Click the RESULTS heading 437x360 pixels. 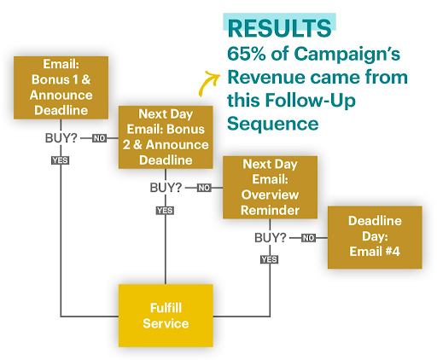pyautogui.click(x=278, y=27)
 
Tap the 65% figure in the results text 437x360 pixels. pyautogui.click(x=247, y=54)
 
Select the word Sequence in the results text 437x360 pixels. pyautogui.click(x=272, y=125)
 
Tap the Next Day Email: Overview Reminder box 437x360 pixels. pyautogui.click(x=269, y=188)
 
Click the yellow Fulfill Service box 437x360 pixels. pyautogui.click(x=165, y=316)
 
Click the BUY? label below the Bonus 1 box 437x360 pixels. pyautogui.click(x=61, y=136)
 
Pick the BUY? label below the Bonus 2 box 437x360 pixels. pyautogui.click(x=166, y=187)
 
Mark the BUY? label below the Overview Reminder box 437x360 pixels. pyautogui.click(x=271, y=237)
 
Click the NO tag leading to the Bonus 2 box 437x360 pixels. pyautogui.click(x=100, y=137)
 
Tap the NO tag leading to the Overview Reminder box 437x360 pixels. pyautogui.click(x=204, y=188)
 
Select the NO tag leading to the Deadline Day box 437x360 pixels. pyautogui.click(x=308, y=238)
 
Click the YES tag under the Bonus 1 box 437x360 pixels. pyautogui.click(x=61, y=160)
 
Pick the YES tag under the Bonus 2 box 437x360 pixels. pyautogui.click(x=165, y=210)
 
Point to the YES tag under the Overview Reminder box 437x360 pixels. pyautogui.click(x=269, y=259)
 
